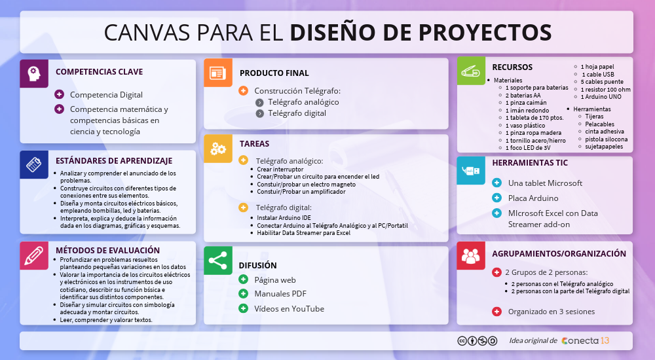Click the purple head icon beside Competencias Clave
coord(34,73)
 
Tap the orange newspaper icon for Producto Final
coord(218,73)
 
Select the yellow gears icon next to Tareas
coord(218,149)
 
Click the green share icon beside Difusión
coord(218,261)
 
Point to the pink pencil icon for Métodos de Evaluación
coord(34,255)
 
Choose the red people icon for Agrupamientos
coord(471,255)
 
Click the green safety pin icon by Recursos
coord(471,71)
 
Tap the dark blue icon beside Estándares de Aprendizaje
coord(34,164)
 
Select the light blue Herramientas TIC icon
coord(471,170)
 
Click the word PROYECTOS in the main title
coord(485,32)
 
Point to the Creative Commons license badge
coord(477,341)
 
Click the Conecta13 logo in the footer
coord(585,341)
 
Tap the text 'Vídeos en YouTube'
coord(289,309)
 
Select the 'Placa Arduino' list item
coord(533,198)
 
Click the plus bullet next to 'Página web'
coord(243,279)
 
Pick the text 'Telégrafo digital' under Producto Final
coord(297,113)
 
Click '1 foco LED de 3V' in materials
coord(528,148)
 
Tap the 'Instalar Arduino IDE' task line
coord(284,217)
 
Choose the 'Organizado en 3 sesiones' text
coord(552,312)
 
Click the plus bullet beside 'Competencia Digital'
coord(60,94)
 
